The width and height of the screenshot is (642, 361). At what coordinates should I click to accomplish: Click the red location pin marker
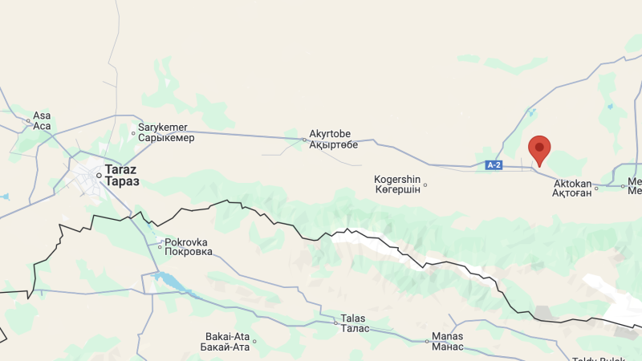tap(539, 148)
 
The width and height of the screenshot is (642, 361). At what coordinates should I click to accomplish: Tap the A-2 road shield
tap(494, 165)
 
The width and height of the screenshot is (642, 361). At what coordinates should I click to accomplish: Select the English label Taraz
tap(120, 171)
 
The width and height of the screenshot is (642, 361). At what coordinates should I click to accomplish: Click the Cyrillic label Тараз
tap(122, 182)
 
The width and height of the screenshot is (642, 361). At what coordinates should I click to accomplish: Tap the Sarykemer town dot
tap(133, 133)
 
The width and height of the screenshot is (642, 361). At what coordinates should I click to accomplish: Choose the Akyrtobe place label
tap(330, 134)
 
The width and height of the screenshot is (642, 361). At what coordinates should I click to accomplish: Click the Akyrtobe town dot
tap(304, 140)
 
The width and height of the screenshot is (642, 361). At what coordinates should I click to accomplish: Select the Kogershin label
tap(397, 179)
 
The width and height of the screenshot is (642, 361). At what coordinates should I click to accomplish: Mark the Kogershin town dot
tap(425, 185)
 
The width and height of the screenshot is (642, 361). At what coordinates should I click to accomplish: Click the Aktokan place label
tap(572, 183)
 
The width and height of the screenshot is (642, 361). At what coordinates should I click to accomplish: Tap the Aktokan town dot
tap(596, 189)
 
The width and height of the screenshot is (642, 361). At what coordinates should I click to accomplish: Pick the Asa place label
tap(42, 116)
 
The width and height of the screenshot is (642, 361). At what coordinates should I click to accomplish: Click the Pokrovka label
tap(187, 241)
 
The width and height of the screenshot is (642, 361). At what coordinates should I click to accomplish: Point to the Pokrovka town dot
tap(160, 247)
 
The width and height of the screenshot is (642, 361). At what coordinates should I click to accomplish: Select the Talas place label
tap(353, 318)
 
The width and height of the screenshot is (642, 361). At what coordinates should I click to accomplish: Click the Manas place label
tap(447, 336)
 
